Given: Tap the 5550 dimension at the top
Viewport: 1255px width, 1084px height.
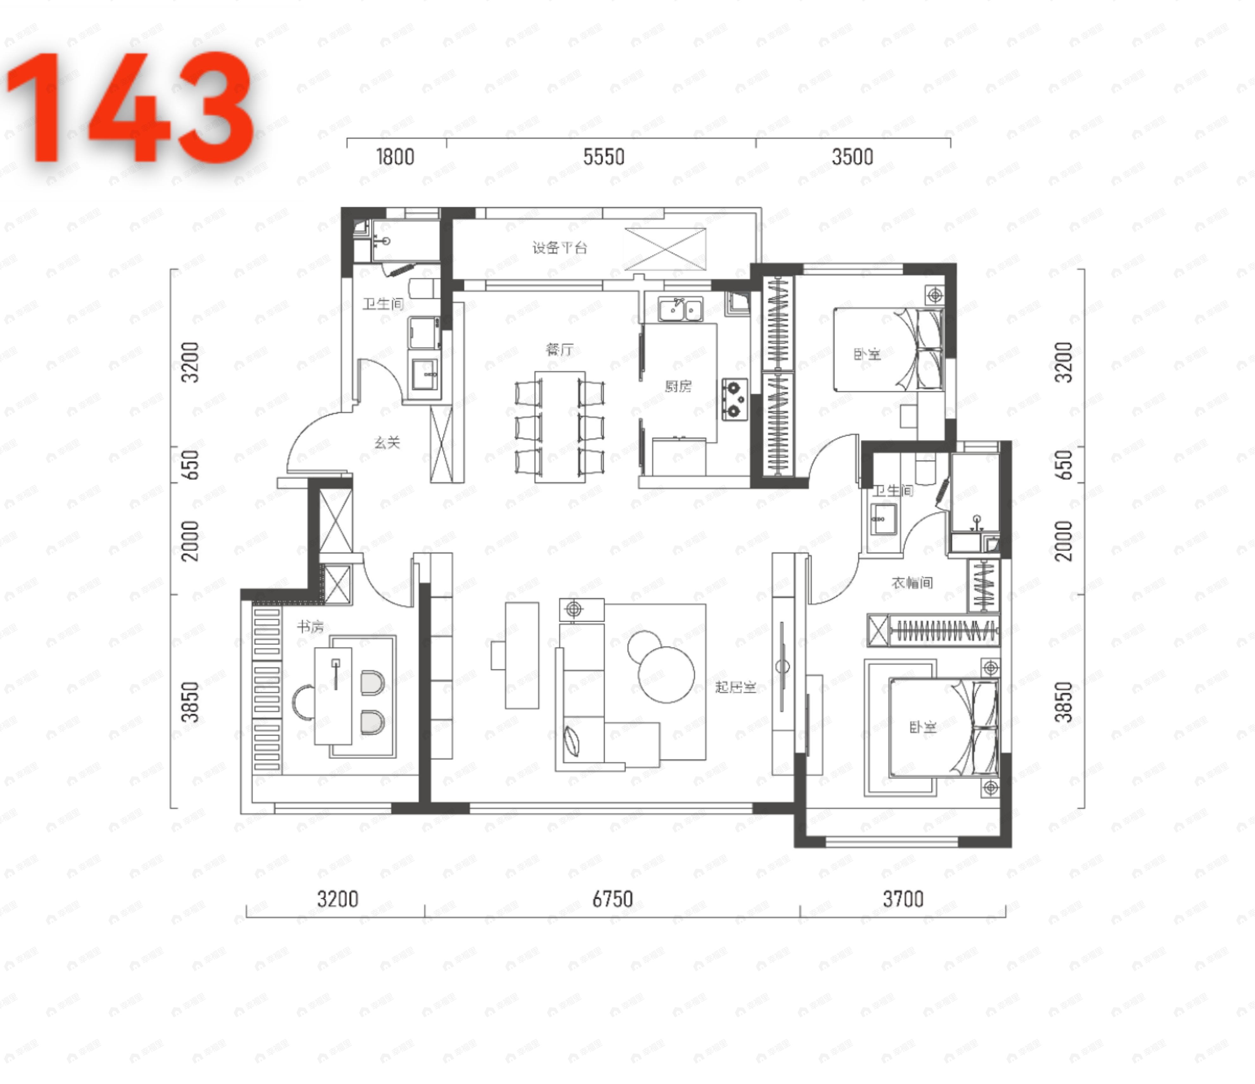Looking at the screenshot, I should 603,157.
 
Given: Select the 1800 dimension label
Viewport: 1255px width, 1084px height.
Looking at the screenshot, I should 395,157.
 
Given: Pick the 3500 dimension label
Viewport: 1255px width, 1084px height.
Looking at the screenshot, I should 852,157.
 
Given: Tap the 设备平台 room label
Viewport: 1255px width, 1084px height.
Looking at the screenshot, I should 560,248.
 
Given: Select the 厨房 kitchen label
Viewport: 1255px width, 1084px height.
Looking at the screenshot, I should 678,386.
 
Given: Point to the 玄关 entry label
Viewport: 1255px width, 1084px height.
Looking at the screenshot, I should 387,443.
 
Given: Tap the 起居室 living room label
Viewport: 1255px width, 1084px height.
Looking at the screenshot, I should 735,687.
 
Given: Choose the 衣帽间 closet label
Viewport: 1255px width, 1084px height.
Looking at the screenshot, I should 912,583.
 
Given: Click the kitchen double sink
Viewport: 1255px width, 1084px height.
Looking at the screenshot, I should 680,309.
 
